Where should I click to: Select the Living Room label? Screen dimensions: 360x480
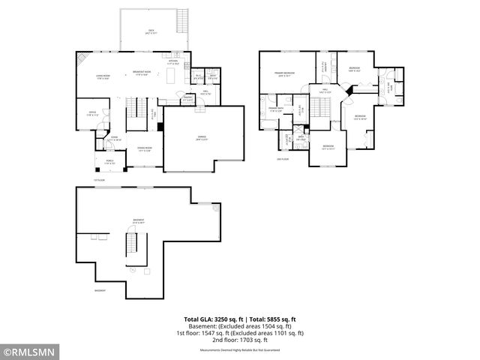click(x=103, y=76)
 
